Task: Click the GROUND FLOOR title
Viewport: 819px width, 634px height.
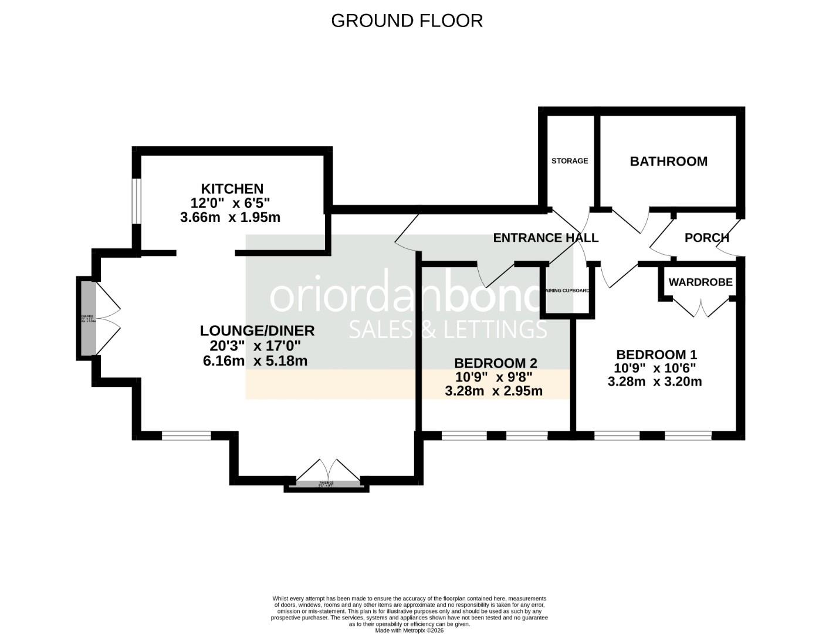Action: [x=407, y=21]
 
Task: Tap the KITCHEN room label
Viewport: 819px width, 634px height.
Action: [x=232, y=189]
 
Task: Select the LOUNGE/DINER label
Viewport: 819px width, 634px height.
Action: [x=257, y=331]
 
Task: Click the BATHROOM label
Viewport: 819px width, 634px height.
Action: [x=668, y=161]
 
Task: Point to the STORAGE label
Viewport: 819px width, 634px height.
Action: [x=569, y=161]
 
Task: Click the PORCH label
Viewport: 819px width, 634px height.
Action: [x=706, y=238]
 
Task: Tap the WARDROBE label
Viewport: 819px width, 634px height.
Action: [x=700, y=282]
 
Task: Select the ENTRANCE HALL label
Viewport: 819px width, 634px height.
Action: [x=545, y=238]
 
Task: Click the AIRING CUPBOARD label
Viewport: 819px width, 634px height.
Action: [x=567, y=291]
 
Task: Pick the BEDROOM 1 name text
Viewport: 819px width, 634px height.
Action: [x=656, y=355]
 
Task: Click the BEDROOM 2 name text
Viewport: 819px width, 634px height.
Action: [x=495, y=363]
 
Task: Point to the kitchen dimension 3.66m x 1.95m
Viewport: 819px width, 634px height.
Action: [x=230, y=217]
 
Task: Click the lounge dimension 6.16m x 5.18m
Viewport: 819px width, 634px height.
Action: [x=255, y=361]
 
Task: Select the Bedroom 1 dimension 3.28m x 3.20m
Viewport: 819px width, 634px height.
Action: [x=655, y=382]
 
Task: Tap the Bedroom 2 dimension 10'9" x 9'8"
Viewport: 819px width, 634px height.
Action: [x=493, y=377]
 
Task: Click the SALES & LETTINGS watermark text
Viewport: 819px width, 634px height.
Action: [x=448, y=329]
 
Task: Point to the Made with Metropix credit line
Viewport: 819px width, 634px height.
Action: [x=409, y=630]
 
